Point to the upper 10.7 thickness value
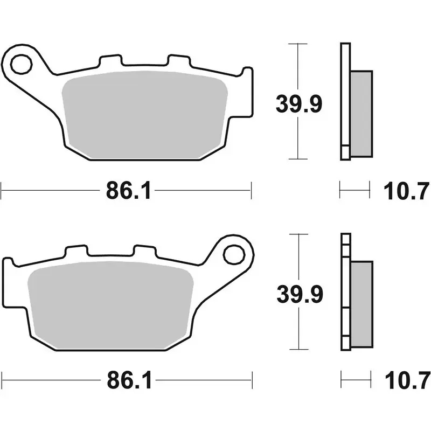[406, 191]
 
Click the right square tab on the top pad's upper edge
[176, 61]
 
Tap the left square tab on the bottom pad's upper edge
[75, 252]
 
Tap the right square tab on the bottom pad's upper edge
[144, 252]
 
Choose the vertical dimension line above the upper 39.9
[298, 67]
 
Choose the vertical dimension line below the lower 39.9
[298, 329]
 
